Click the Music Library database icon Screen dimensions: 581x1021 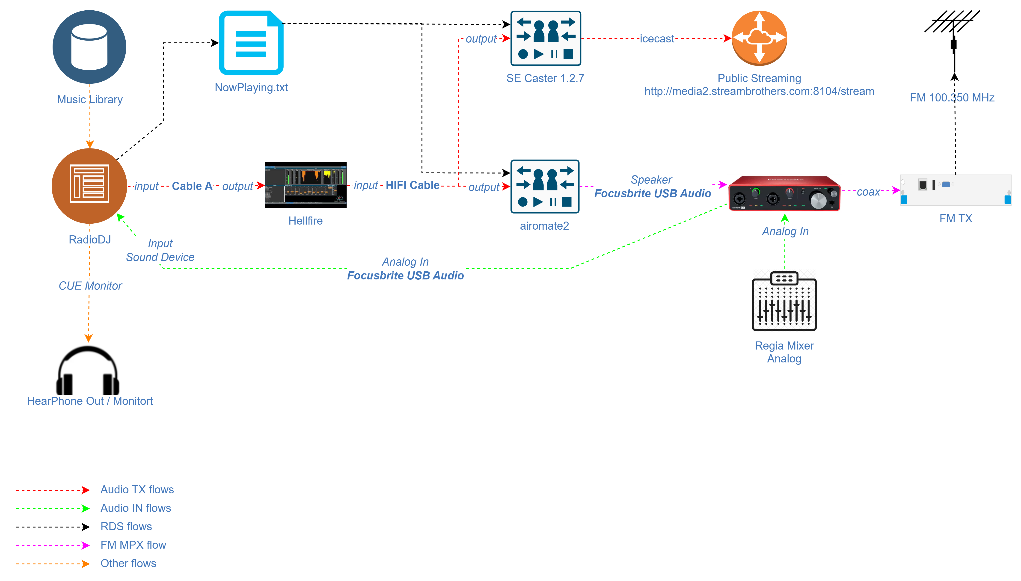[89, 47]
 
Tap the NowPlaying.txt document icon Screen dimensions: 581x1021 [251, 43]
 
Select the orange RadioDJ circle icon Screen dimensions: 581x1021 [89, 186]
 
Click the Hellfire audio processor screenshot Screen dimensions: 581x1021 [305, 185]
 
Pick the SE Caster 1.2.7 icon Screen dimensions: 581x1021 [545, 38]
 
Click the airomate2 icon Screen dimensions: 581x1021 [545, 186]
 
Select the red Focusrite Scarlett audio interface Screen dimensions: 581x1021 [784, 193]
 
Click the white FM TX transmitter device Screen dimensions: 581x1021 [956, 190]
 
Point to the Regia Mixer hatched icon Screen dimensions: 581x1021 [784, 300]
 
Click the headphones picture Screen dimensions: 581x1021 [88, 369]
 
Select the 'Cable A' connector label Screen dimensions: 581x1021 [192, 186]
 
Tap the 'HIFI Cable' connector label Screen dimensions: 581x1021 [412, 185]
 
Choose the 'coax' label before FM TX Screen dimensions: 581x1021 [868, 192]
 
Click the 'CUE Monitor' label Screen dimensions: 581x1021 [90, 286]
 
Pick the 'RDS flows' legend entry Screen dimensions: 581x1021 [126, 526]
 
